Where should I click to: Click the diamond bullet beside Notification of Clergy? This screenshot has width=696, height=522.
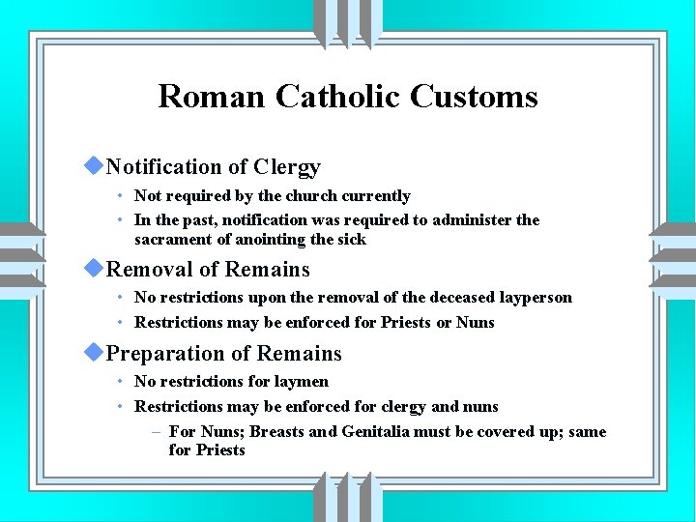[x=93, y=166]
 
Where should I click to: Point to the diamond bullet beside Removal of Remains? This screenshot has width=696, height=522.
[x=93, y=268]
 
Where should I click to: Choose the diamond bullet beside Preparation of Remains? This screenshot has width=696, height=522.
[x=93, y=353]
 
